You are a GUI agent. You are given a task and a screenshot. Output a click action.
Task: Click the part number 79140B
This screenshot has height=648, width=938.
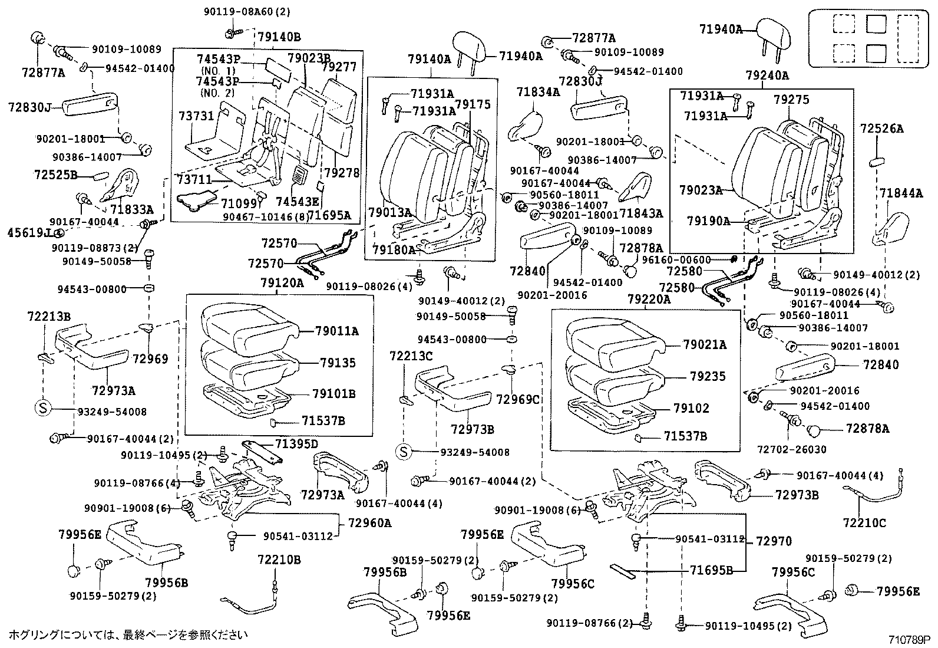coord(279,37)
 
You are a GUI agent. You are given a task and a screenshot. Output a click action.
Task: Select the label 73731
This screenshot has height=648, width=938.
coord(196,116)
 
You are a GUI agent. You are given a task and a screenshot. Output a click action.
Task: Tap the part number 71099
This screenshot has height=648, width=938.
coord(239,203)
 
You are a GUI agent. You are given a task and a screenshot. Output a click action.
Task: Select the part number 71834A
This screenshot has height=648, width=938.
coord(538,92)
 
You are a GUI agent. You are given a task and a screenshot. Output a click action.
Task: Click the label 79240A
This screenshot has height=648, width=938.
coord(767,75)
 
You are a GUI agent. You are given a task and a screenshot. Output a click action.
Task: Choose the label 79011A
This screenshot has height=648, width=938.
coord(335,331)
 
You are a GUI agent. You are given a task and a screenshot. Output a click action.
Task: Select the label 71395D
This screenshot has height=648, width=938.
coord(297,443)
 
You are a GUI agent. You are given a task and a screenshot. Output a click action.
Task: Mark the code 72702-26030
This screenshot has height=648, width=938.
coord(792,449)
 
